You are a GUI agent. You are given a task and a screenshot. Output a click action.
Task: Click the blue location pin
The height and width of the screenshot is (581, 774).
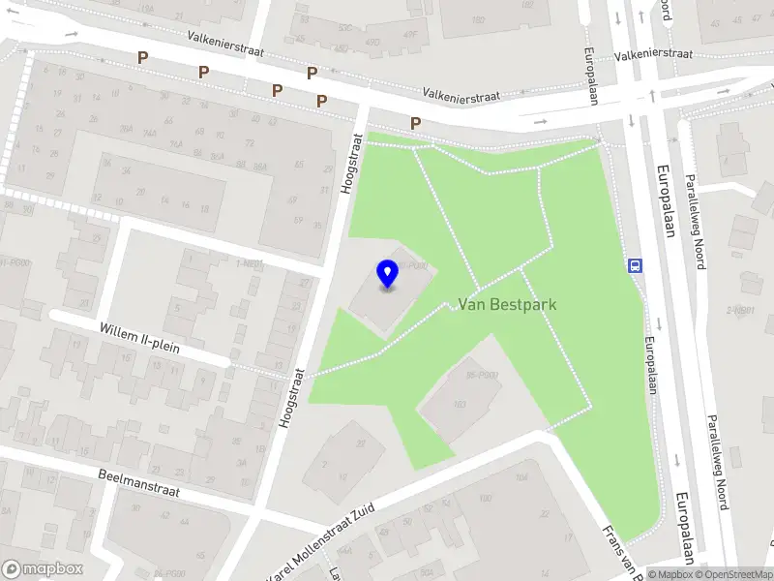(388, 274)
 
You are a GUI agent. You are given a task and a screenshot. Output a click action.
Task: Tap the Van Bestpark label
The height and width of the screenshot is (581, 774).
(507, 304)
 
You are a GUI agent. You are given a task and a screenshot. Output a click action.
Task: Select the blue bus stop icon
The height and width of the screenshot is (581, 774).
(636, 265)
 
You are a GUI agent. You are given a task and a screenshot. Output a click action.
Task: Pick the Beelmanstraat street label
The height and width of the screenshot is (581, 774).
(139, 483)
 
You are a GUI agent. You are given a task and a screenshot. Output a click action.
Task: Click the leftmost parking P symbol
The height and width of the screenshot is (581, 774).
(142, 58)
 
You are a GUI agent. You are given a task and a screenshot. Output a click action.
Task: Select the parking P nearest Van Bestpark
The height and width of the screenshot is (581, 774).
(415, 123)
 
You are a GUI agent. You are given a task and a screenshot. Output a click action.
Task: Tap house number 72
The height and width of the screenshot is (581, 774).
(250, 143)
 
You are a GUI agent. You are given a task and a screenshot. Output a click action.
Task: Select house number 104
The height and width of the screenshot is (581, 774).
(521, 477)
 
